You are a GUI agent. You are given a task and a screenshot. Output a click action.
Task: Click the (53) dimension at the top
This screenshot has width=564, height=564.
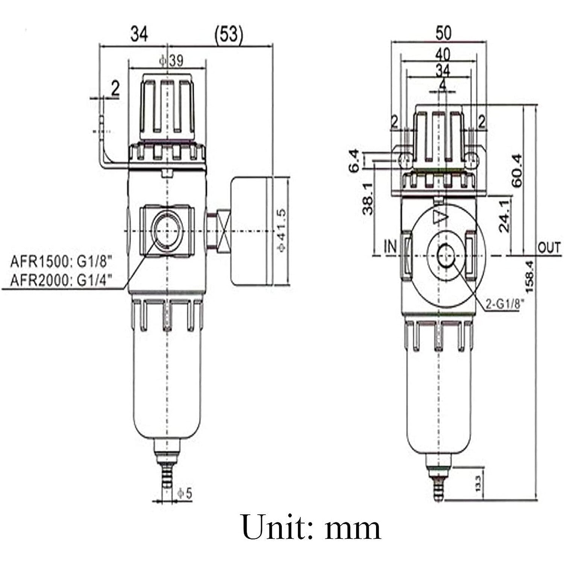point(229,34)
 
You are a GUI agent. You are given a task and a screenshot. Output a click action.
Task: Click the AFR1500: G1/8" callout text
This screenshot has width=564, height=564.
point(61,261)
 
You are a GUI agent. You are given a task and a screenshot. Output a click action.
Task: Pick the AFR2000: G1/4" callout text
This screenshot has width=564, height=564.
point(61,280)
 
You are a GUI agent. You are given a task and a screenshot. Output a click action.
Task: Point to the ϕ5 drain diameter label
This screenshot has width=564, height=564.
point(184,493)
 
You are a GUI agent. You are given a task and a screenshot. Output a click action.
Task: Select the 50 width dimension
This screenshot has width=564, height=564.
point(443,33)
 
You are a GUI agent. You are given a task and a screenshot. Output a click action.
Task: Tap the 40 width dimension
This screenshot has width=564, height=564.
point(443,55)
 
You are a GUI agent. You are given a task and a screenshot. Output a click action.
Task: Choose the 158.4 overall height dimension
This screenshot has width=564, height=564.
point(529,277)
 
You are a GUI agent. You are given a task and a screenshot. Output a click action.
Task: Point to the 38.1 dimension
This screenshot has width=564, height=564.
point(368,199)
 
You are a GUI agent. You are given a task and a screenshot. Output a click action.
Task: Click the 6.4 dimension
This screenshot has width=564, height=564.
point(355,161)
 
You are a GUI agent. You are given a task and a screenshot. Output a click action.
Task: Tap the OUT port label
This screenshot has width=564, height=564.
point(549,248)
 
